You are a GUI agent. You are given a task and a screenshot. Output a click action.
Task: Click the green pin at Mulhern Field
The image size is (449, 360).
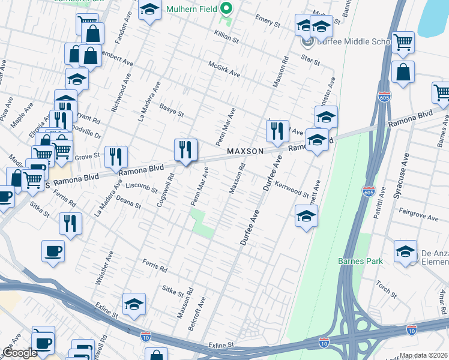click(226, 9)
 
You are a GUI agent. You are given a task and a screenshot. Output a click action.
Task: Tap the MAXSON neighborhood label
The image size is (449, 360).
click(245, 152)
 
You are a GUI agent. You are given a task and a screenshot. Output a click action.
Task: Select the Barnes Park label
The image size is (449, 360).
click(355, 261)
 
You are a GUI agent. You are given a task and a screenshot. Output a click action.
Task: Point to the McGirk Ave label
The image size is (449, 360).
click(224, 70)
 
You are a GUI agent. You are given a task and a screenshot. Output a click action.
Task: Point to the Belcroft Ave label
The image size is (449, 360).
click(202, 311)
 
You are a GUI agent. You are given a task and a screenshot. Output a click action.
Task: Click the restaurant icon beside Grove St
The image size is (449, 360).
click(116, 156)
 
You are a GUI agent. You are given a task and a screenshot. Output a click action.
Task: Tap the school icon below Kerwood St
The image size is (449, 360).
click(306, 215)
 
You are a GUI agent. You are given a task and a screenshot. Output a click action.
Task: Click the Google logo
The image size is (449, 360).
click(20, 353)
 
